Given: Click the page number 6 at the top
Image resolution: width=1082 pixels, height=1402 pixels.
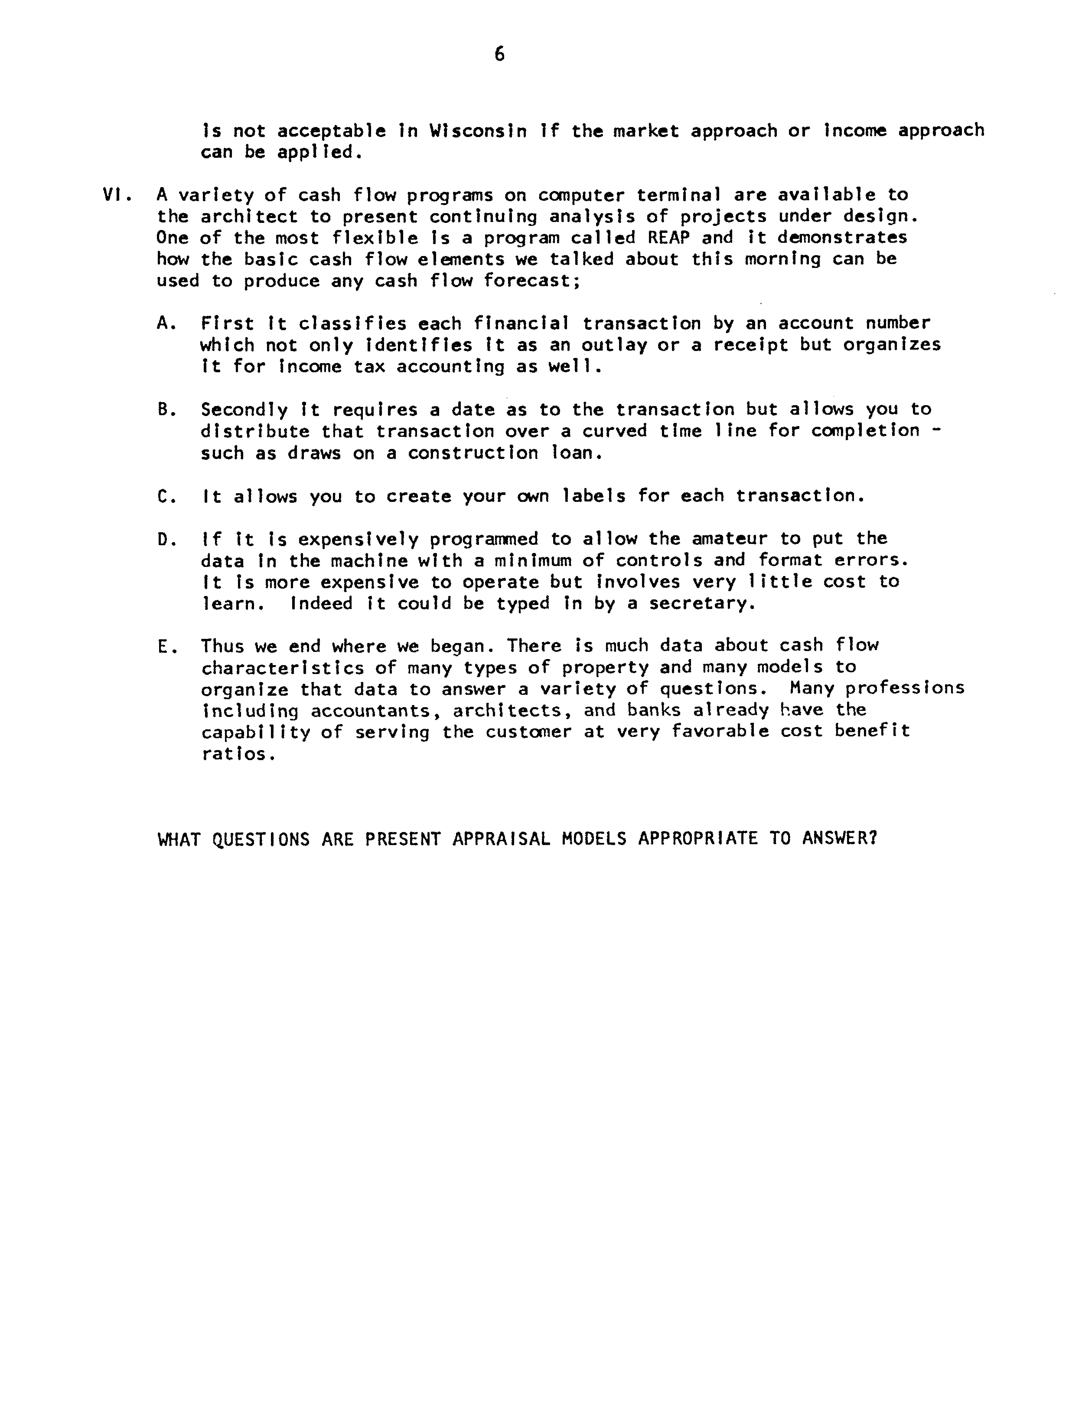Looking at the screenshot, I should coord(499,55).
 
